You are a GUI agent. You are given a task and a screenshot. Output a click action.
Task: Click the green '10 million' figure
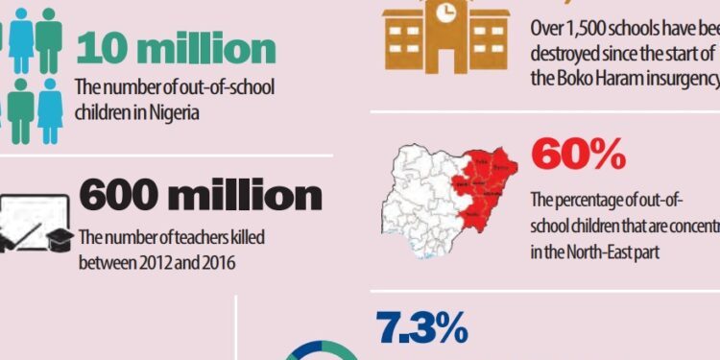[175, 48]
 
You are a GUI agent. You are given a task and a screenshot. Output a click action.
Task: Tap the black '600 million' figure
[200, 197]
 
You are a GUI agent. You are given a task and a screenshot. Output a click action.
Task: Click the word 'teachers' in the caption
[185, 238]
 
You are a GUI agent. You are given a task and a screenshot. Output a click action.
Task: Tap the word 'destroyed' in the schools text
[565, 52]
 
